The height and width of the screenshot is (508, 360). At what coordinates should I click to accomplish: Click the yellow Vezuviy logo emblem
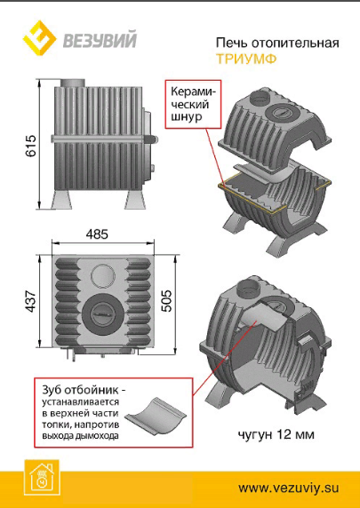tap(40, 37)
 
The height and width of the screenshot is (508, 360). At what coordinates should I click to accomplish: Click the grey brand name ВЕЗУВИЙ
tap(100, 40)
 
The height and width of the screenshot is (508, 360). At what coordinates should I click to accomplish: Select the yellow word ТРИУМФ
tap(246, 59)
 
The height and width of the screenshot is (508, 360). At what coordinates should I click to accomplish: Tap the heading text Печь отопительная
tap(277, 44)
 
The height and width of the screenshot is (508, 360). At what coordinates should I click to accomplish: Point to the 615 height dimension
tap(31, 146)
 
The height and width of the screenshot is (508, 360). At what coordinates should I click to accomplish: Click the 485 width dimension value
tap(97, 234)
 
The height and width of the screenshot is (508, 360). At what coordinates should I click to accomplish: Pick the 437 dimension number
tap(31, 301)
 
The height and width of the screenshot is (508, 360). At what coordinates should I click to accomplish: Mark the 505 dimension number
tap(167, 301)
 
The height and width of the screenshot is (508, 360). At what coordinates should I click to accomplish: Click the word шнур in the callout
tap(187, 116)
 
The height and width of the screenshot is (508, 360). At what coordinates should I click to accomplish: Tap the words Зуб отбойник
tap(80, 389)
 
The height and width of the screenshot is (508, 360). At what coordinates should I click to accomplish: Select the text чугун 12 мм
tap(276, 434)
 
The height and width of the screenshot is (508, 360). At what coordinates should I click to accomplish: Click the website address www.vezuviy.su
tap(288, 488)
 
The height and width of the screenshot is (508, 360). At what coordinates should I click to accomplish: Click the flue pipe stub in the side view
tap(73, 83)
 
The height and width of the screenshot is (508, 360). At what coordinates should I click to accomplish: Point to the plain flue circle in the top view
tap(103, 275)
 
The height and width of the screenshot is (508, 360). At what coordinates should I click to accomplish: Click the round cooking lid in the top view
tap(103, 315)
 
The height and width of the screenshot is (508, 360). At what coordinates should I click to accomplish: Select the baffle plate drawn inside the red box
tap(156, 417)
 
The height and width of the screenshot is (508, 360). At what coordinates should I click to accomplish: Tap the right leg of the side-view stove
tap(133, 199)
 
